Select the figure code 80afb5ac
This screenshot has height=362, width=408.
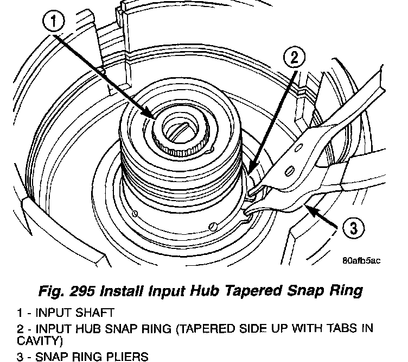tap(361, 260)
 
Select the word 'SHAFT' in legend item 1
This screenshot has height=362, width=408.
tap(99, 313)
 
